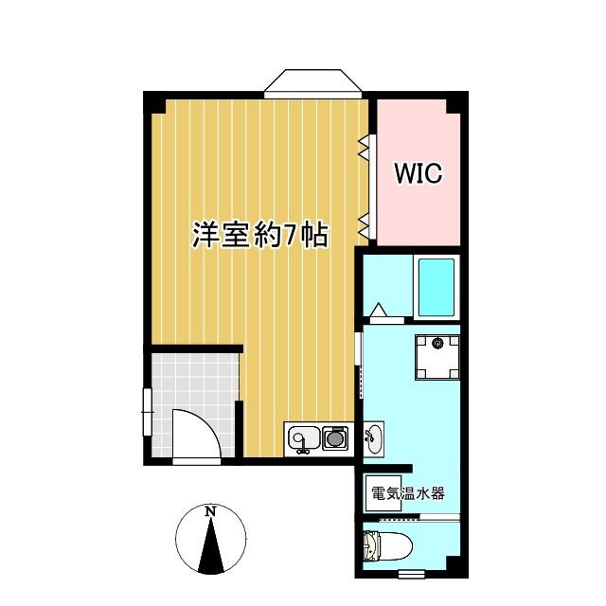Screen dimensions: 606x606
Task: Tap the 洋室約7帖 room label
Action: click(260, 235)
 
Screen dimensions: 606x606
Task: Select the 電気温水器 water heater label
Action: click(408, 493)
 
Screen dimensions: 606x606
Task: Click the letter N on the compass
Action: click(210, 511)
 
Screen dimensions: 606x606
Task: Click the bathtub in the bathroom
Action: click(437, 287)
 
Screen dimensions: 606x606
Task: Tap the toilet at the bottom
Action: click(387, 545)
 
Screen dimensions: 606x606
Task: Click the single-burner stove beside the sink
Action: click(335, 437)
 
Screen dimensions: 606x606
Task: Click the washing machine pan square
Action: click(437, 358)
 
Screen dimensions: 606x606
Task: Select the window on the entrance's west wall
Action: click(148, 412)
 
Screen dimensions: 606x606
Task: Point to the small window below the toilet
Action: click(411, 575)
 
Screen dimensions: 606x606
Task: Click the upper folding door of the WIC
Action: click(364, 148)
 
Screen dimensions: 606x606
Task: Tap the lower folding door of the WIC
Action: click(364, 225)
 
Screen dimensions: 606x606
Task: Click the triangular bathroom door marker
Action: click(379, 310)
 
